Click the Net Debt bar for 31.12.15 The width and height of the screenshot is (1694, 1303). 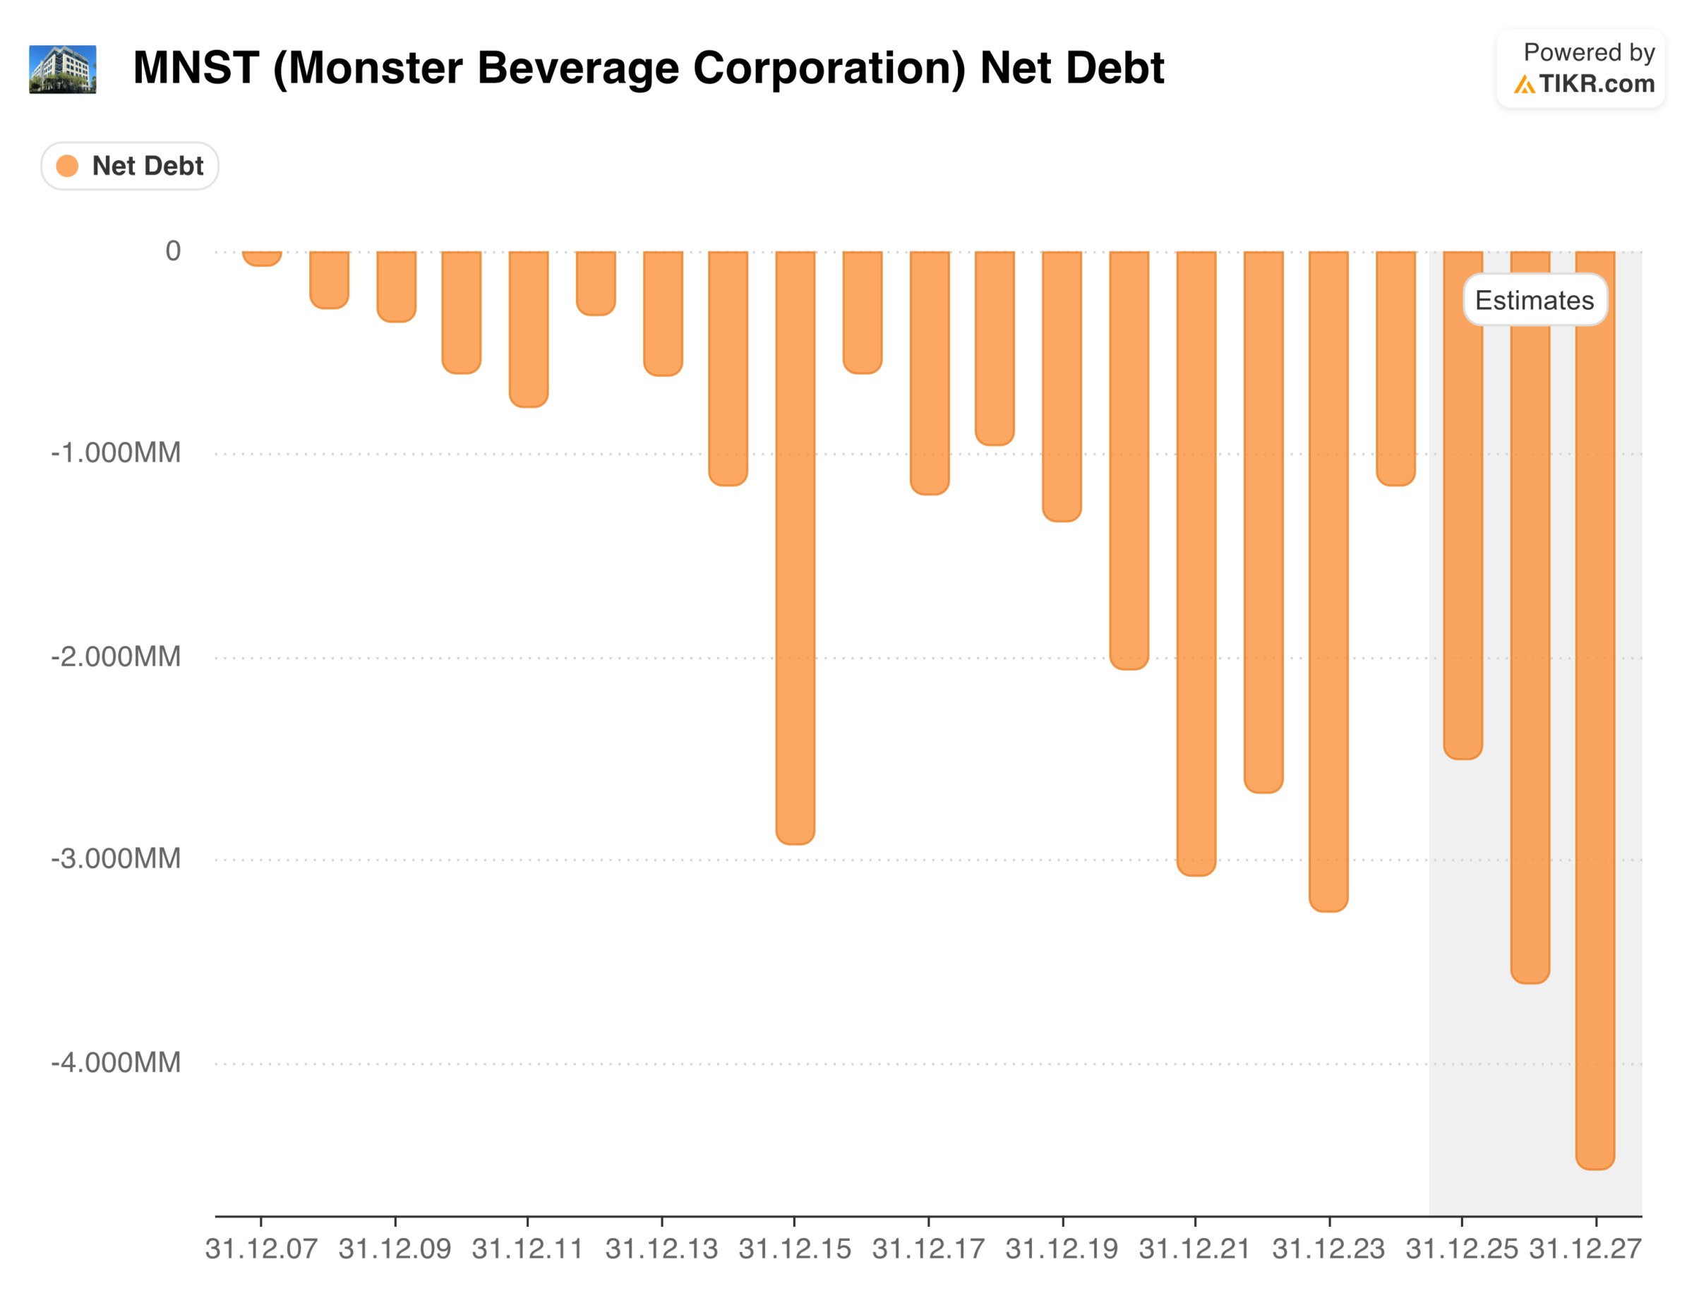(x=795, y=547)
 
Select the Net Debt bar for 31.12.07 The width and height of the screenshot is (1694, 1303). (x=261, y=258)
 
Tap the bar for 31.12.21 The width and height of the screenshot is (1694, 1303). (x=1196, y=563)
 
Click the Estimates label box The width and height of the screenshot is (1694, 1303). (x=1534, y=300)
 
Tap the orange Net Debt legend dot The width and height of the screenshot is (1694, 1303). (x=68, y=166)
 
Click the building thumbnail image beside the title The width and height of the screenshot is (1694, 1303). (x=63, y=69)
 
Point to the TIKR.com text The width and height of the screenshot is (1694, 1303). (x=1597, y=84)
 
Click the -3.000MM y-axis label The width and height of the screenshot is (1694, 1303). (x=116, y=858)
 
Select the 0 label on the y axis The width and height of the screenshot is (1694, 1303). (x=173, y=251)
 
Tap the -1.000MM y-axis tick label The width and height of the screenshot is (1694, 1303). (x=116, y=452)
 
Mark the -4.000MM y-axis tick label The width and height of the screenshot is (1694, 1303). (x=116, y=1062)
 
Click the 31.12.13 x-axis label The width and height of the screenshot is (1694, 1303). (x=661, y=1249)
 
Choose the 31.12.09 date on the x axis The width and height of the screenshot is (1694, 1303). (x=395, y=1249)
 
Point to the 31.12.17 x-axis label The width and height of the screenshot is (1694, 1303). (x=928, y=1249)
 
